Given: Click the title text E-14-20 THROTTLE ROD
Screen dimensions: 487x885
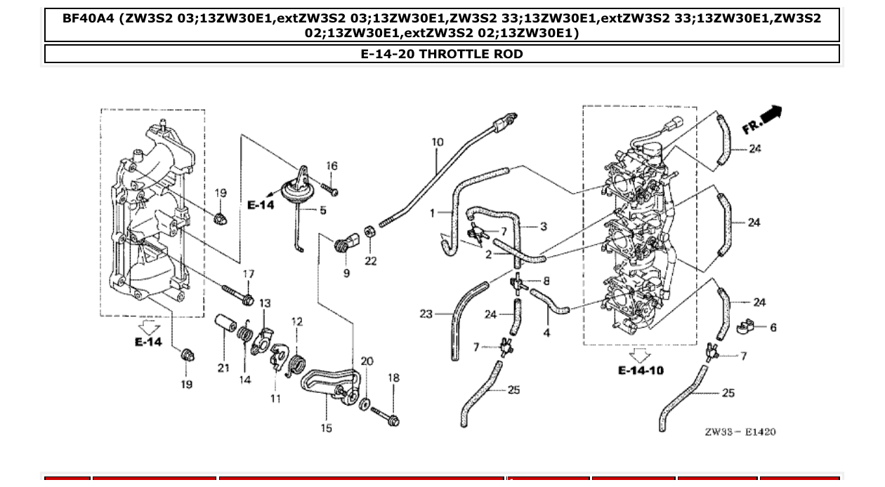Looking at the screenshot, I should (442, 54).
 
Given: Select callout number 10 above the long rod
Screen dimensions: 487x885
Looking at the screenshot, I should (438, 142).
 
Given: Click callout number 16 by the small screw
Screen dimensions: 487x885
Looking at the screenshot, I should (332, 166).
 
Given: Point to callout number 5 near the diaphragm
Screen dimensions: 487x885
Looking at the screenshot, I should (323, 211).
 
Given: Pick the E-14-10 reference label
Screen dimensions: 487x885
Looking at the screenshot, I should (640, 370).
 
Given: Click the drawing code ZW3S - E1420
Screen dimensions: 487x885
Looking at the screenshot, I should (740, 432).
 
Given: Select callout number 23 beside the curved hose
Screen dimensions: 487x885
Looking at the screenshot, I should (426, 314).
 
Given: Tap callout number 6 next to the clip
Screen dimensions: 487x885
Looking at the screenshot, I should (773, 328).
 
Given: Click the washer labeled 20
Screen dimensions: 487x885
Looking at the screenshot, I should (365, 404).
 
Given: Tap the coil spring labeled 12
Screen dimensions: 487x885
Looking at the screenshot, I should (297, 365).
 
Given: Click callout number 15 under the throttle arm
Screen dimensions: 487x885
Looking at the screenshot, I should (327, 428).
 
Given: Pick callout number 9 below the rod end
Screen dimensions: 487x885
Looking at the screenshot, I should (346, 273).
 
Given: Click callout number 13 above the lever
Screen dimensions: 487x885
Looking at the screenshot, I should (264, 303).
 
